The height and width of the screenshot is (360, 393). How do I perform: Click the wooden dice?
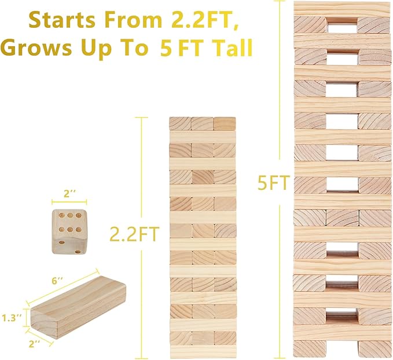point(69,232)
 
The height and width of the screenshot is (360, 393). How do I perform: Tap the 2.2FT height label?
point(135,234)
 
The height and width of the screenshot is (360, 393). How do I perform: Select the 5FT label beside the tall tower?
point(273,182)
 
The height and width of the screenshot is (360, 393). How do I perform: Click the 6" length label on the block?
point(57,281)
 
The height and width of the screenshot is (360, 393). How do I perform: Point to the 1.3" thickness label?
point(12,318)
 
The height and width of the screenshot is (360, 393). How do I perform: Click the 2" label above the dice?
point(69,194)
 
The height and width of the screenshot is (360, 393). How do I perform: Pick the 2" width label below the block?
point(35,344)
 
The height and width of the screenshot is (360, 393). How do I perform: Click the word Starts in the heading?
point(62,21)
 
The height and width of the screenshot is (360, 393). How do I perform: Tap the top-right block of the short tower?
point(225,124)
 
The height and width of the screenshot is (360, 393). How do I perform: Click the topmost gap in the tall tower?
point(342,25)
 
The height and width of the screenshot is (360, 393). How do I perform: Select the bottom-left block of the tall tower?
point(309,348)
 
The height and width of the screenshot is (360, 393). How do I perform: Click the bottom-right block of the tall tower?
point(375,348)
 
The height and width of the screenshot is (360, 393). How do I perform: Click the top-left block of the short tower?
point(181,124)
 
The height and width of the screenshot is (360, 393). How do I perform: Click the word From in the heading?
point(133,21)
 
